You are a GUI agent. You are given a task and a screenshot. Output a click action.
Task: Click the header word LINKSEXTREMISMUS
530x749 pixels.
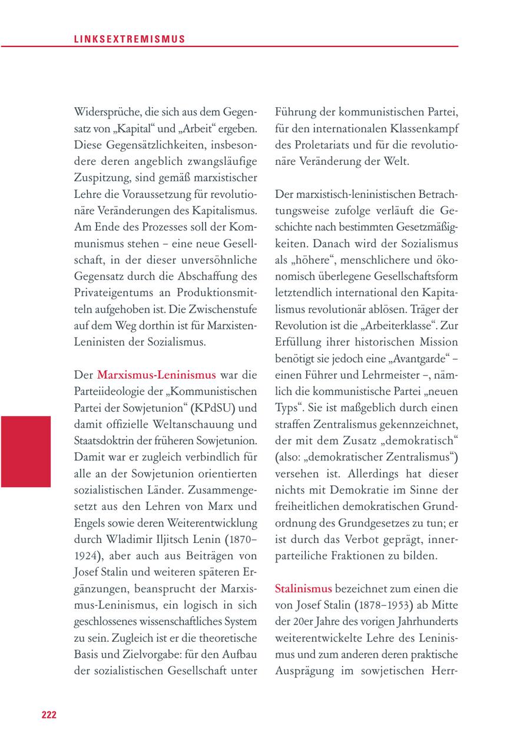coord(130,39)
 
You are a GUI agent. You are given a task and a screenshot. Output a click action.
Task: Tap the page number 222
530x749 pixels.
coord(48,715)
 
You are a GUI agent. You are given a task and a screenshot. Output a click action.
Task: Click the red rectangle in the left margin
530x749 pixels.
coord(25,451)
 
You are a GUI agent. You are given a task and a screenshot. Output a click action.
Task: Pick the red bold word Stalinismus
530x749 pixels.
coord(303,588)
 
